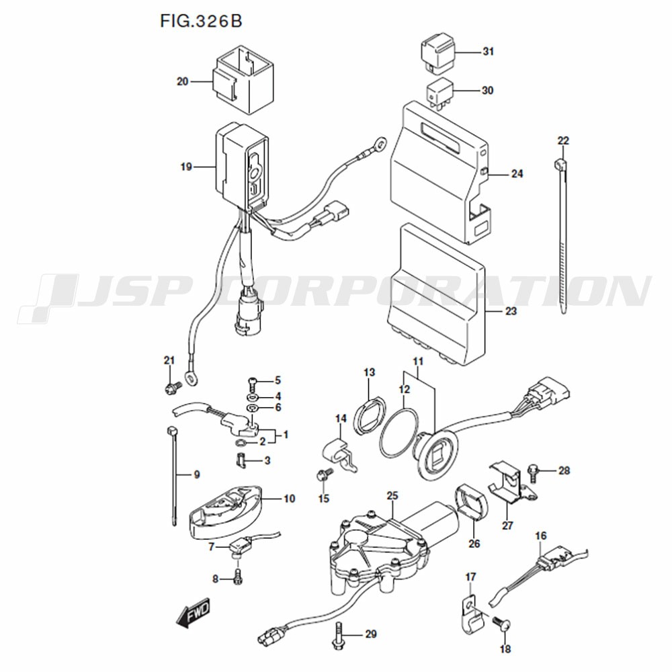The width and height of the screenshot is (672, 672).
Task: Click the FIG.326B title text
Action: tap(201, 21)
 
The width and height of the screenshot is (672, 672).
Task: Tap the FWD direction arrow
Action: tap(193, 612)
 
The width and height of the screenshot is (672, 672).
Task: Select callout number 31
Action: tap(488, 52)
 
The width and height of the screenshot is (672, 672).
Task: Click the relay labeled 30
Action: tap(439, 93)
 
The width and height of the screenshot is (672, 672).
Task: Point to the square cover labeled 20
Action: tap(243, 80)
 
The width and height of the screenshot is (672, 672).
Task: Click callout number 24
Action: tap(517, 173)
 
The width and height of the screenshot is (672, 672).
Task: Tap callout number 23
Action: tap(511, 310)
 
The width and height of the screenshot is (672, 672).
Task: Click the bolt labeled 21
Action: tap(173, 387)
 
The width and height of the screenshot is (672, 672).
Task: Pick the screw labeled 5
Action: tap(253, 382)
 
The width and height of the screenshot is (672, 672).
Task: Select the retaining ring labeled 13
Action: tap(368, 416)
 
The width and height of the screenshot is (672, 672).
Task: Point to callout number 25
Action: tap(392, 495)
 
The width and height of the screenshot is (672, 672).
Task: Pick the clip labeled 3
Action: tap(240, 461)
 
